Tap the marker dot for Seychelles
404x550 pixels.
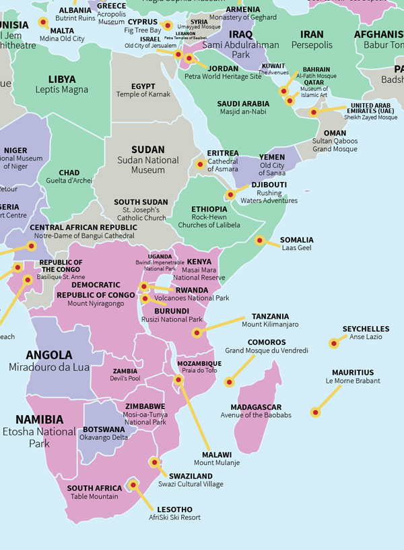pyautogui.click(x=333, y=343)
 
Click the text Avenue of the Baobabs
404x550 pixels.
pyautogui.click(x=256, y=415)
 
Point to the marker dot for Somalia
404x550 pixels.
pyautogui.click(x=259, y=240)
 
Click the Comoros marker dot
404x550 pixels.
pyautogui.click(x=229, y=382)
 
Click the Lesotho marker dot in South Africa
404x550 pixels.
pyautogui.click(x=133, y=485)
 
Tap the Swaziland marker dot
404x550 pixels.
pyautogui.click(x=155, y=462)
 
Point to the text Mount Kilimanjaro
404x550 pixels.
pyautogui.click(x=270, y=325)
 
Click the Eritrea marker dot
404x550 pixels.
pyautogui.click(x=200, y=164)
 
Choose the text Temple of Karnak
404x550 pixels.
pyautogui.click(x=143, y=94)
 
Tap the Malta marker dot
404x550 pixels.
pyautogui.click(x=44, y=22)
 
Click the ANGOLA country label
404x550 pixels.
pyautogui.click(x=48, y=355)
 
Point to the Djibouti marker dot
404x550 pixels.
pyautogui.click(x=230, y=195)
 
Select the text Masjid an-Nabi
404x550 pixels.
pyautogui.click(x=243, y=112)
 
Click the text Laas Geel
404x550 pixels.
pyautogui.click(x=296, y=248)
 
